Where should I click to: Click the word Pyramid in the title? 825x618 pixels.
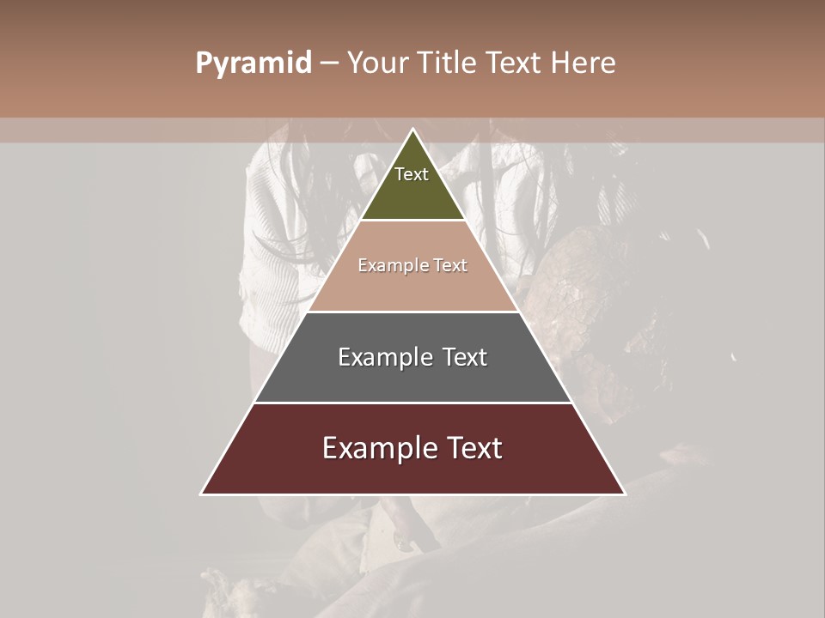tap(254, 64)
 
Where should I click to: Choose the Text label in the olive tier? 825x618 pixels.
tap(412, 174)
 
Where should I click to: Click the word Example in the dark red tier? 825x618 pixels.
tap(378, 448)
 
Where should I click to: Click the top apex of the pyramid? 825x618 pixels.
tap(413, 130)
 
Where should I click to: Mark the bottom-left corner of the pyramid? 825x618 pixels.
tap(202, 494)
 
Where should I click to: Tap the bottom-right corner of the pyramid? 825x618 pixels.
tap(624, 494)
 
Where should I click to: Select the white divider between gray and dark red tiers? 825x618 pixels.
tap(412, 403)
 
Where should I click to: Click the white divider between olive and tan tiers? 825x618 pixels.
tap(412, 221)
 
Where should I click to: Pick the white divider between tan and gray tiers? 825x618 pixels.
tap(412, 312)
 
